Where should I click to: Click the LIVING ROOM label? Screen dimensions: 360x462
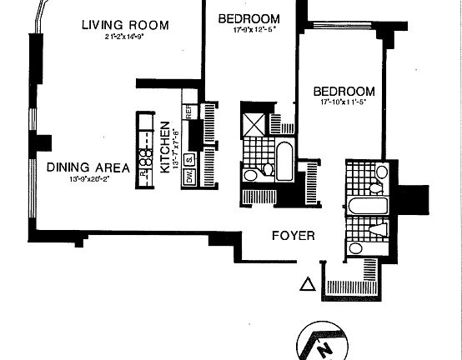point(124,25)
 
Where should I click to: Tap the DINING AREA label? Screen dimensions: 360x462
point(88,167)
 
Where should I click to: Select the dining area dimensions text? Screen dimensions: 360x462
point(88,178)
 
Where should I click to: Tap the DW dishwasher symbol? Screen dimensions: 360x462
point(188,177)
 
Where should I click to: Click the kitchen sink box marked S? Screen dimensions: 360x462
point(188,160)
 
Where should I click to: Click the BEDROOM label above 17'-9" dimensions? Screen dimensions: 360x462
point(249,18)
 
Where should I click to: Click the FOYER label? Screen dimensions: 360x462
point(294,236)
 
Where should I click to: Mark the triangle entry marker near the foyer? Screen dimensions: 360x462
point(307,285)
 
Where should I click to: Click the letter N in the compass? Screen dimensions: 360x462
point(328,346)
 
